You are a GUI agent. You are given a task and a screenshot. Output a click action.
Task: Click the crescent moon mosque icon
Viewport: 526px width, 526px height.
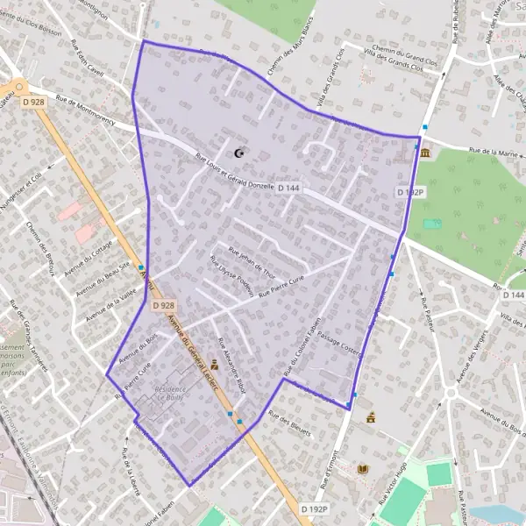click(238, 153)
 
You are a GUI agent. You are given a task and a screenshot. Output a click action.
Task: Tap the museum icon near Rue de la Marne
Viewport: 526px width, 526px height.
click(425, 154)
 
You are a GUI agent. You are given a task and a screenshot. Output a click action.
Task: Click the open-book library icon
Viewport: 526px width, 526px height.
click(363, 470)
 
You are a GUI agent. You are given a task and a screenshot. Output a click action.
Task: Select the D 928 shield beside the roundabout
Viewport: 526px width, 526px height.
click(33, 103)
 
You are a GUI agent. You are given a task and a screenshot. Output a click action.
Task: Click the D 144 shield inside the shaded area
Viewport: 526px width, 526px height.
click(289, 188)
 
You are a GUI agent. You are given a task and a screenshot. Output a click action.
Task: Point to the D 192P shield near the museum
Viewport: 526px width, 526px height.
click(409, 191)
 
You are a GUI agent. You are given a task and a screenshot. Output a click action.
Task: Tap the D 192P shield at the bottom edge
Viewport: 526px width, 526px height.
click(314, 508)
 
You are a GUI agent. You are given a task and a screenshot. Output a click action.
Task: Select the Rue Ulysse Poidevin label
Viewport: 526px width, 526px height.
click(231, 276)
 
